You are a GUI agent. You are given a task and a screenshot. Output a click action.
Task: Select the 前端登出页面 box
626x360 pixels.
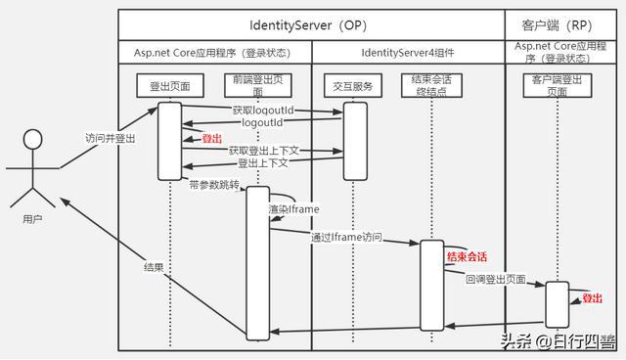click(257, 85)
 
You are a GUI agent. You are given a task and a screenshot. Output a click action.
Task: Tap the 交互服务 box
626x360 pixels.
click(354, 86)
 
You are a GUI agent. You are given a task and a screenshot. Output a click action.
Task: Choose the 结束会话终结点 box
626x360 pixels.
click(431, 86)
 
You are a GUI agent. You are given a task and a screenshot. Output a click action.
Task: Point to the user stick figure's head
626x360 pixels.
click(33, 138)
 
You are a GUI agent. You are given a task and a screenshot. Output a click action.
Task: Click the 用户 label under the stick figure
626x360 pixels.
click(32, 222)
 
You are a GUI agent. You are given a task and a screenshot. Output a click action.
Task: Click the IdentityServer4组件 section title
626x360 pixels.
click(408, 51)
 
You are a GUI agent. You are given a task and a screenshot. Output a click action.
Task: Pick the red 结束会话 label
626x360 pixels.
click(467, 256)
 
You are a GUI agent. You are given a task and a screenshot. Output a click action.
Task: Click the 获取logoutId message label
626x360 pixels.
click(262, 112)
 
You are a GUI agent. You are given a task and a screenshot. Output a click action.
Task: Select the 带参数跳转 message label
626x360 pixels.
click(215, 183)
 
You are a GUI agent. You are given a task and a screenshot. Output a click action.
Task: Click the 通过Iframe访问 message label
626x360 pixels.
click(346, 238)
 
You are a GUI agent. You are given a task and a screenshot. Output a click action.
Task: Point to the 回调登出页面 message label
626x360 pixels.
click(495, 280)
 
